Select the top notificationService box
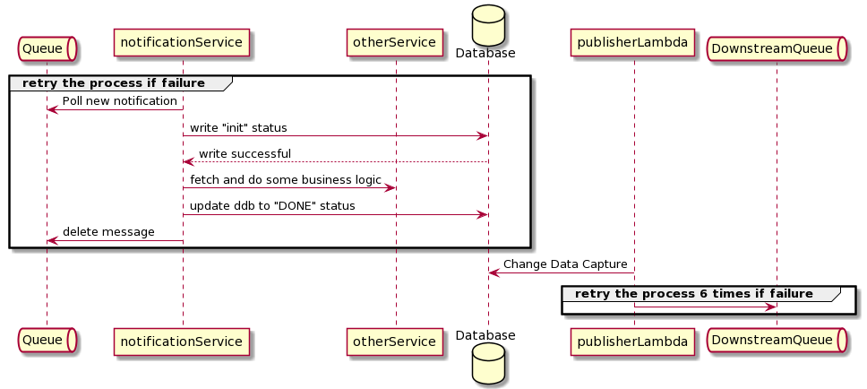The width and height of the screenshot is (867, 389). [182, 42]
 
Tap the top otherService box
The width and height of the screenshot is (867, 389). [394, 42]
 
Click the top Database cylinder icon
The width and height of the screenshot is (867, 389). [488, 24]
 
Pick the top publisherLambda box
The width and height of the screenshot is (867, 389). [634, 42]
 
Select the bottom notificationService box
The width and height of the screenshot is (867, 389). [182, 341]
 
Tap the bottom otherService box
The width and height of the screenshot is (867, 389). [394, 341]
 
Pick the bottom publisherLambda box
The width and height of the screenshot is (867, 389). [634, 341]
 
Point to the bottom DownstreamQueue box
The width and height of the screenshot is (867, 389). [777, 341]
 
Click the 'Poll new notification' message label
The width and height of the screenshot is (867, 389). [120, 100]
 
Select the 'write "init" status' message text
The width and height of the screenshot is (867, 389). [238, 127]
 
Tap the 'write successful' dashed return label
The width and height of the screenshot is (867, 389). [245, 153]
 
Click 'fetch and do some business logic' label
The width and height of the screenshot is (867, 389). [285, 180]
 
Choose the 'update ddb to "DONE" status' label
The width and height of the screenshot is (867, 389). [272, 206]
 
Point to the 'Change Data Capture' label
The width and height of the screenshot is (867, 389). [564, 264]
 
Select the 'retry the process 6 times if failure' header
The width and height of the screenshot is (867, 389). [693, 294]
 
